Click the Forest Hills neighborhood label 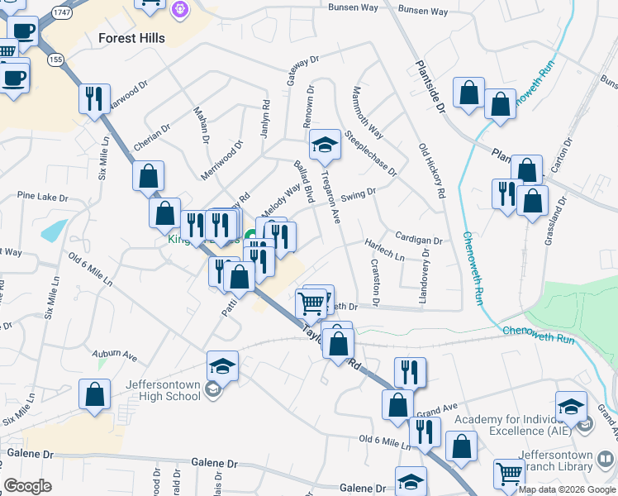coord(131,38)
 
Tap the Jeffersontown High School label coord(163,389)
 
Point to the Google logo coord(27,486)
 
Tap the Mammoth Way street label coord(367,112)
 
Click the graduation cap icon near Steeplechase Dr coord(325,145)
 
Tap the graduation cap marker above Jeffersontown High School coord(222,365)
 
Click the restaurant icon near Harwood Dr coord(94,98)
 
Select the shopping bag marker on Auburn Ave coord(94,394)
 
